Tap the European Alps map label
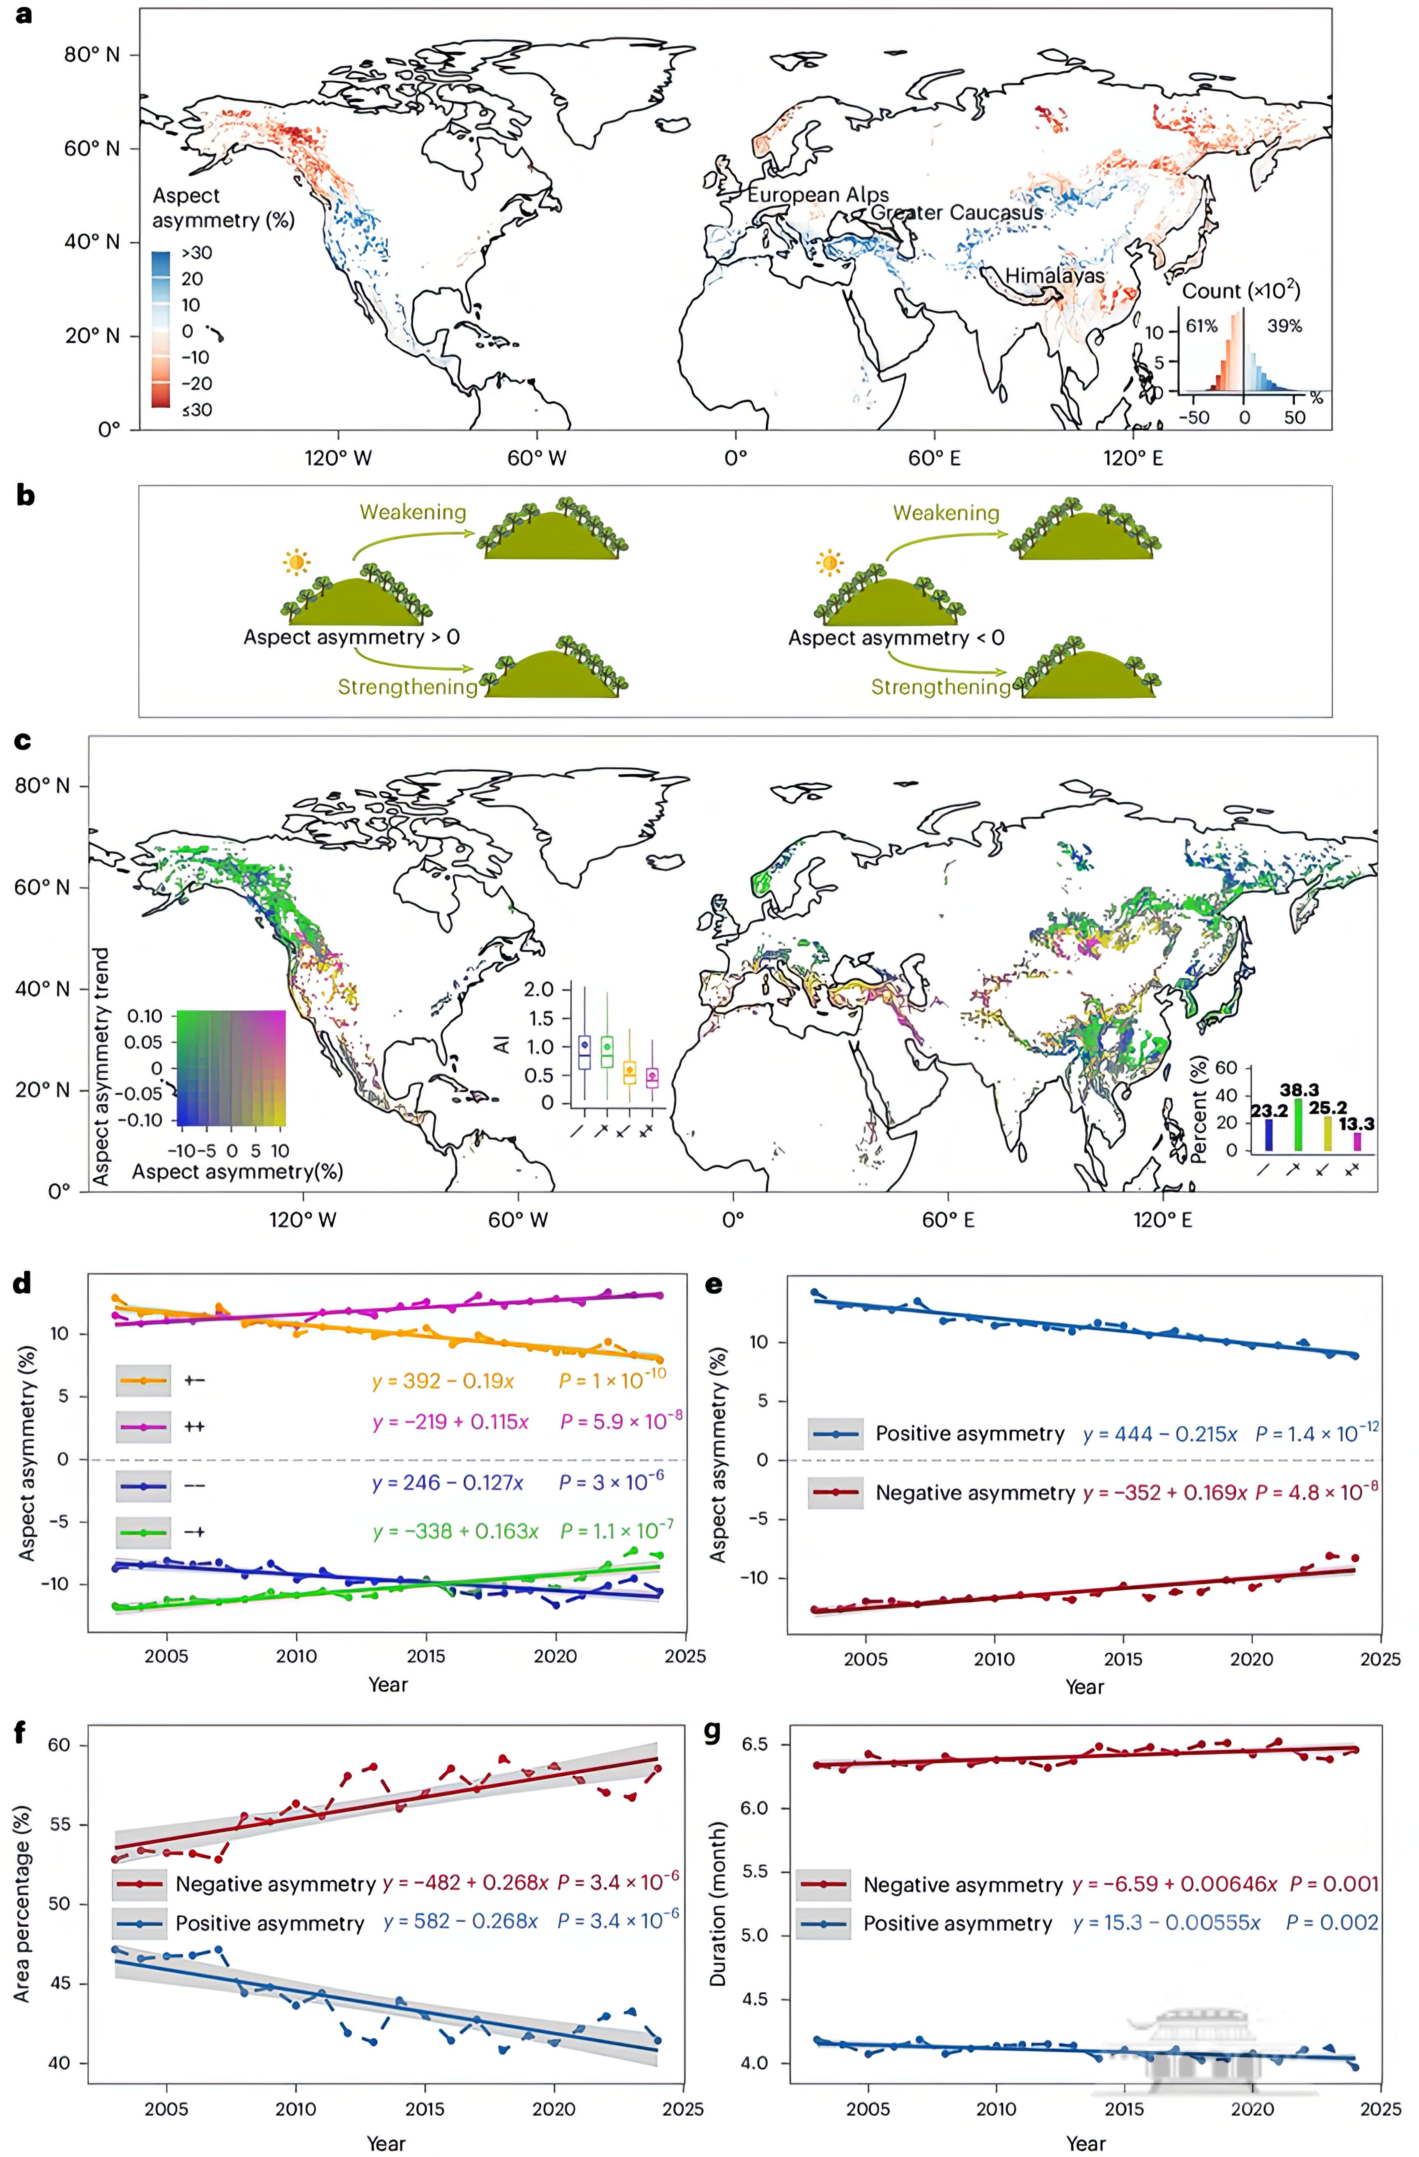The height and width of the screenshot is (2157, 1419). tap(817, 195)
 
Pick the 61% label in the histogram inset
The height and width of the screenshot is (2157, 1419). tap(1201, 326)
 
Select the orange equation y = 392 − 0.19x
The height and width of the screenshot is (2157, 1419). tap(443, 1381)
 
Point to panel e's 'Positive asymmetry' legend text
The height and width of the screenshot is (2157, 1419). tap(969, 1434)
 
